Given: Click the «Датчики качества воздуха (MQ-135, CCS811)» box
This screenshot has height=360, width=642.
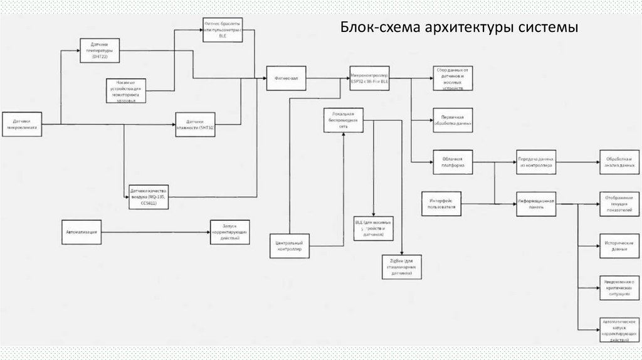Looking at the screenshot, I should tap(148, 196).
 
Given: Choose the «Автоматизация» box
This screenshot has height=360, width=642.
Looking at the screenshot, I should tap(82, 232).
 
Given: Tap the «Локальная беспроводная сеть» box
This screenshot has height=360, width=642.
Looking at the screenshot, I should tap(343, 120).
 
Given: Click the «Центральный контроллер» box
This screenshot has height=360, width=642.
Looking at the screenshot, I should tap(290, 245).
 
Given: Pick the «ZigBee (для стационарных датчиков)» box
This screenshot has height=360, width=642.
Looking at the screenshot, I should tap(401, 267).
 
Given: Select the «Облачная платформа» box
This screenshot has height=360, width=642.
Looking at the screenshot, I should tap(452, 162).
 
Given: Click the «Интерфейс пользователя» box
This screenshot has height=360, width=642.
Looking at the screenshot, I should tap(442, 203).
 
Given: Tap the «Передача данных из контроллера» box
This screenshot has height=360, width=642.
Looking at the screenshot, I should tap(535, 162).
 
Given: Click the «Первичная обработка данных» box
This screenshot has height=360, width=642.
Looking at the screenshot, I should tap(452, 120).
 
